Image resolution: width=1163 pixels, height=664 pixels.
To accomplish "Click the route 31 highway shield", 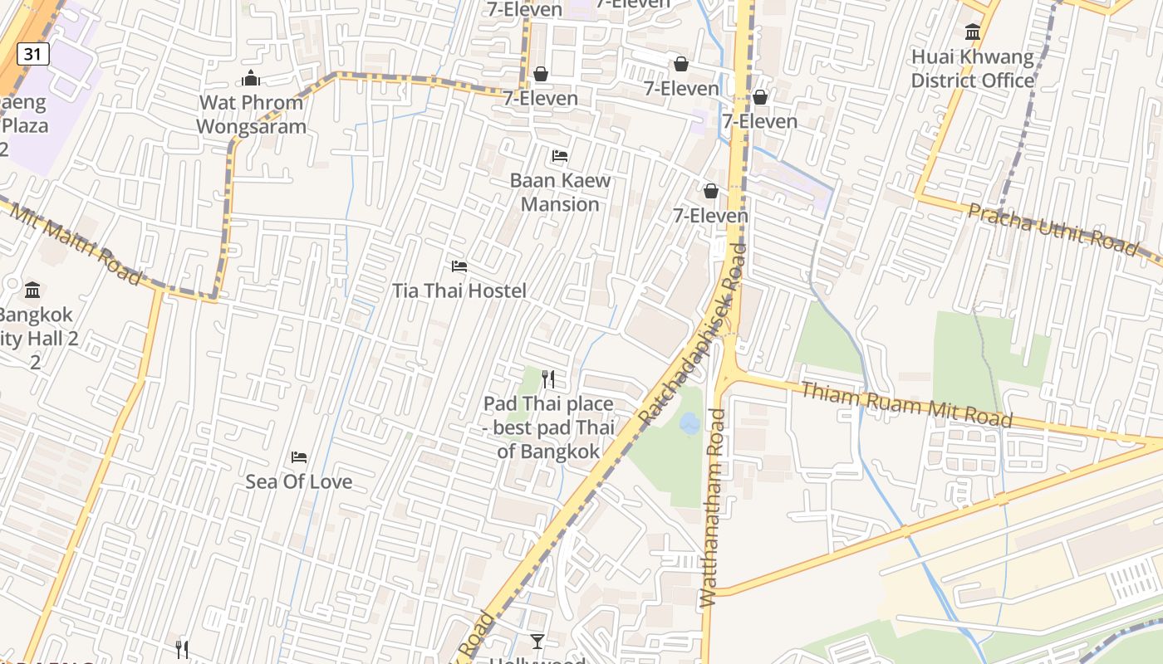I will [32, 55].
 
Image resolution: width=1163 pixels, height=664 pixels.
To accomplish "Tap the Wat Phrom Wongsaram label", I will [251, 115].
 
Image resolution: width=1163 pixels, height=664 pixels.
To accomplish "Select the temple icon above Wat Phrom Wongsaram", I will [251, 79].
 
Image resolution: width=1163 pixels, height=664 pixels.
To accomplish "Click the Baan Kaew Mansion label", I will [560, 192].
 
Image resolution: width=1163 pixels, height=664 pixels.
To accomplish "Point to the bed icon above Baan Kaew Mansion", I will [560, 155].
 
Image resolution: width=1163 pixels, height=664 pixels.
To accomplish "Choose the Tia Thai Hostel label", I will [459, 290].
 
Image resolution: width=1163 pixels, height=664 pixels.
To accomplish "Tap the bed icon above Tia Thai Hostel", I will [459, 266].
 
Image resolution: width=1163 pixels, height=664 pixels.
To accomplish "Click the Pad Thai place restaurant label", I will [548, 427].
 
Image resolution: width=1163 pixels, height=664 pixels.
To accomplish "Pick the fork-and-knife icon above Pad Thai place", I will [547, 379].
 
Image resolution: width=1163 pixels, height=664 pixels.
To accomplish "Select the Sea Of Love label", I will [298, 481].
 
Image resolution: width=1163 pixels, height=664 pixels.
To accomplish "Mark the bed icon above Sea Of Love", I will [299, 457].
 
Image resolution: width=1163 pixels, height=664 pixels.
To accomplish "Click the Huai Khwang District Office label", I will [973, 69].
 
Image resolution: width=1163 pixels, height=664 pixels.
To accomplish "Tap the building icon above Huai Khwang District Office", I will [972, 32].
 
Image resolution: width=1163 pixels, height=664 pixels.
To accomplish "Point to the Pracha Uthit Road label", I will [1053, 228].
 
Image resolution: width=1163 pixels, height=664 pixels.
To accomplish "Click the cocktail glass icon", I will [537, 641].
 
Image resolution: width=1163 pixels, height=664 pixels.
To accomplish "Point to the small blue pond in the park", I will [689, 424].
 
